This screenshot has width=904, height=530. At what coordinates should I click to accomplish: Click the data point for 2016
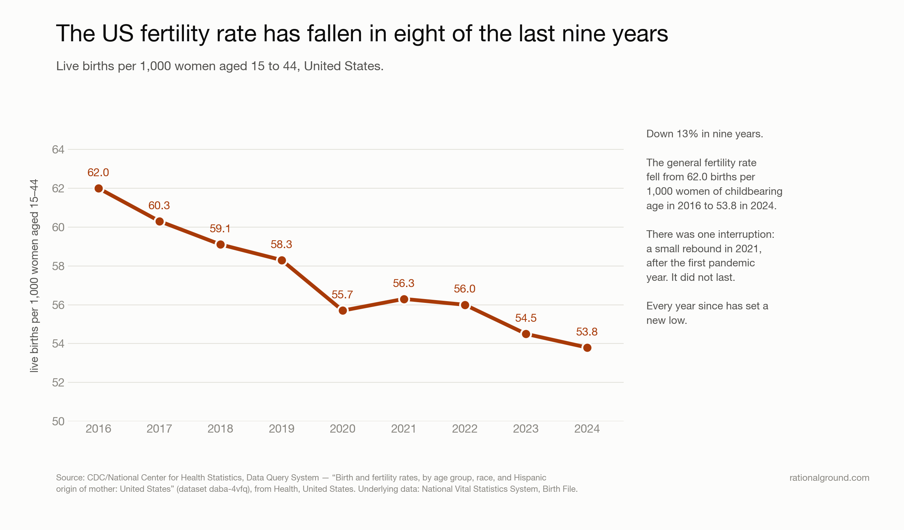(x=98, y=188)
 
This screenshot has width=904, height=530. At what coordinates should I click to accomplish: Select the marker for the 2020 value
(x=343, y=310)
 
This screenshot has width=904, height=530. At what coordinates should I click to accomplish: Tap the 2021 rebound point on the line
(x=404, y=299)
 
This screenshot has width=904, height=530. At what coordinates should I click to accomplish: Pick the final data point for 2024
(x=587, y=348)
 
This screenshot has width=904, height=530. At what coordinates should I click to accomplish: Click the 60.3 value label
(x=159, y=205)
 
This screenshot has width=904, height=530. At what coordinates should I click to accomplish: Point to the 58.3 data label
(x=281, y=244)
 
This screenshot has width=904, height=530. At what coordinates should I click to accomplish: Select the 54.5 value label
(x=526, y=318)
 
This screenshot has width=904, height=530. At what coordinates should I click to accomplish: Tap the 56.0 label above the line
(x=465, y=289)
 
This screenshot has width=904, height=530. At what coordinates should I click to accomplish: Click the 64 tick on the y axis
(x=58, y=149)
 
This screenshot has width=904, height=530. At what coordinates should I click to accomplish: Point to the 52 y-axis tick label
(x=58, y=383)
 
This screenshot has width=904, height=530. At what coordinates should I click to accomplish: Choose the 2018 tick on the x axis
(x=220, y=428)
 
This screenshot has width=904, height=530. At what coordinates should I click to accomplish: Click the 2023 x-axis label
(x=526, y=428)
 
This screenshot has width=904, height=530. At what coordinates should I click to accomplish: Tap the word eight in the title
(x=420, y=34)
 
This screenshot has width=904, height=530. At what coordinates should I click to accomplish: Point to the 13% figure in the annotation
(x=687, y=134)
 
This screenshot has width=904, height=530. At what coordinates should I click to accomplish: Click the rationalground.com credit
(x=829, y=478)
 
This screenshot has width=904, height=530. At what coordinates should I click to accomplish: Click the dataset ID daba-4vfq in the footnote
(x=231, y=489)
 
